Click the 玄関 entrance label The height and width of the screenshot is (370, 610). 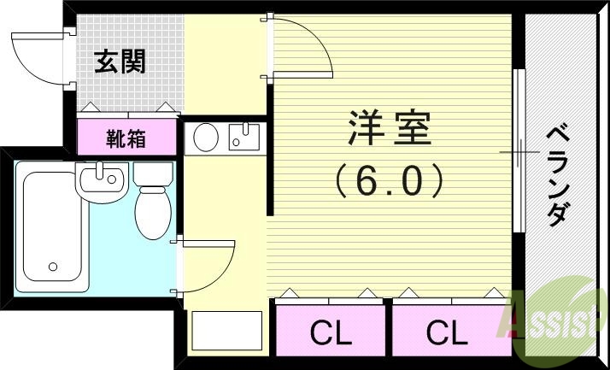(120, 62)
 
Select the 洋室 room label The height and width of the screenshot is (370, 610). (390, 130)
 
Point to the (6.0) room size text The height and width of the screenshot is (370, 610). (390, 180)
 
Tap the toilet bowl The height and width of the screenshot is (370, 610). (154, 211)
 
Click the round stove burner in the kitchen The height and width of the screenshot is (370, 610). (206, 138)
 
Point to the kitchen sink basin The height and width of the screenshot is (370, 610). (244, 138)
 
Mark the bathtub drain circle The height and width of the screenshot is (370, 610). (52, 266)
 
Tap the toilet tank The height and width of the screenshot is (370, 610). (153, 174)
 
